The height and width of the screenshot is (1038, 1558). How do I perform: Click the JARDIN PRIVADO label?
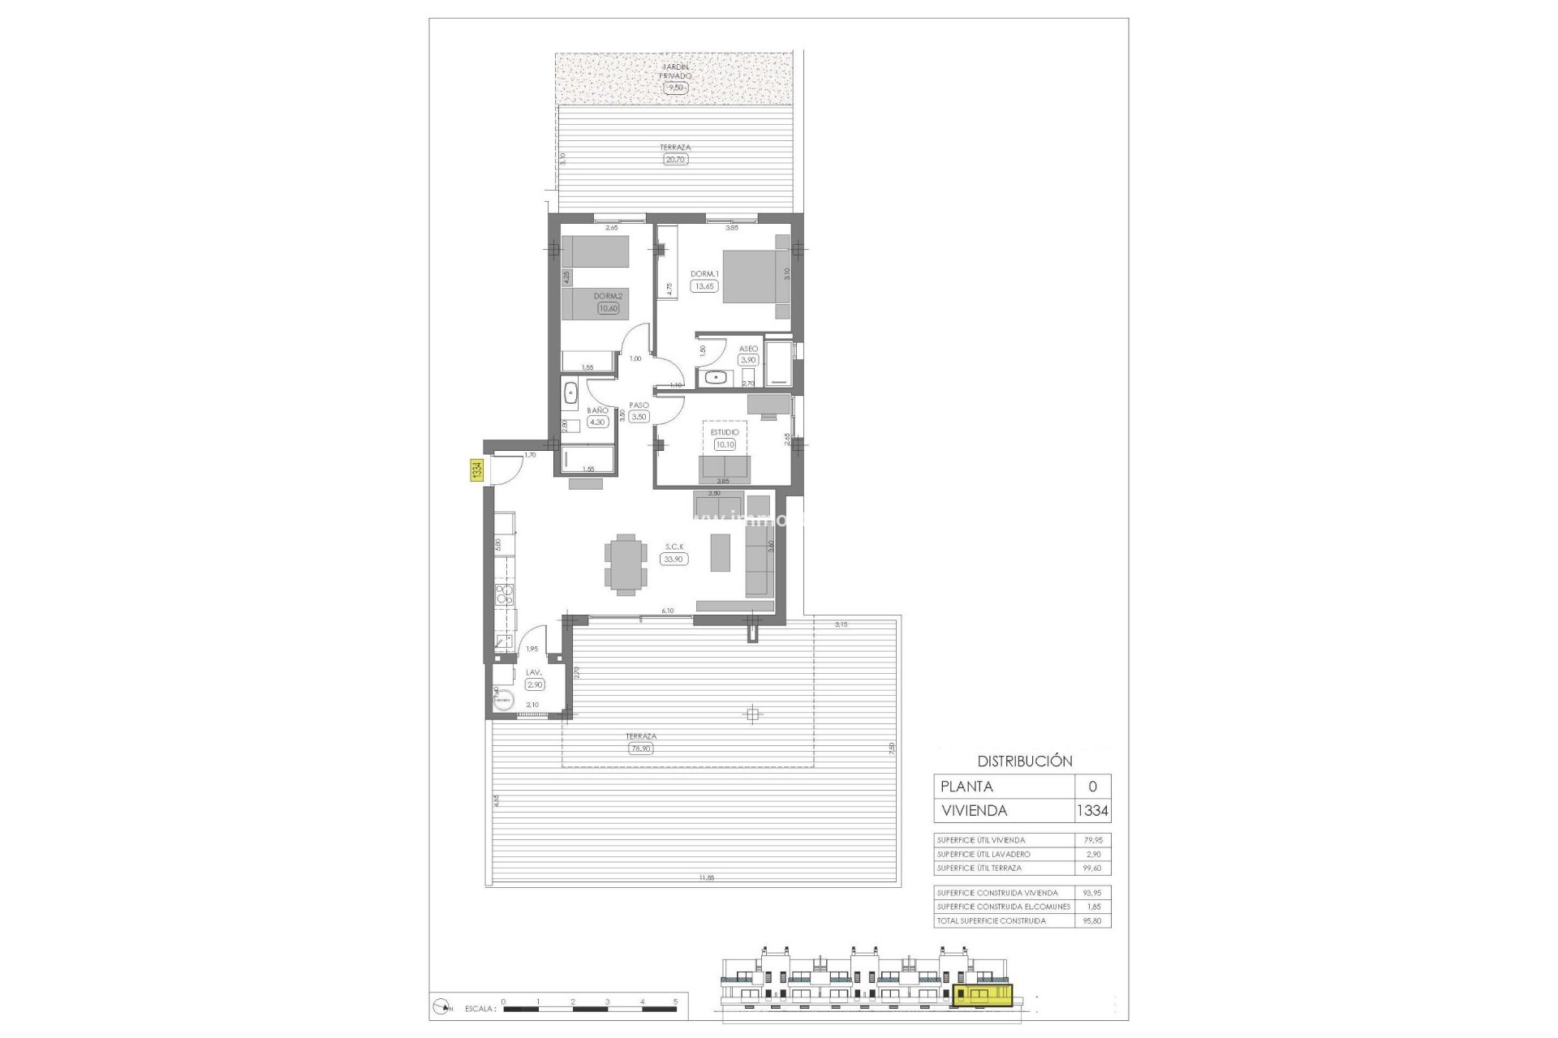pos(675,71)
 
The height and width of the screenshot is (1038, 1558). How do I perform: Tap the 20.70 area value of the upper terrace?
pos(675,160)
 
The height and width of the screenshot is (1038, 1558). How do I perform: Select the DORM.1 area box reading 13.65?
pos(704,286)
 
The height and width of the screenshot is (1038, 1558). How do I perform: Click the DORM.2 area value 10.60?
pos(607,308)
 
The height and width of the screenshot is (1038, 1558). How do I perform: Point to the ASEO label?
pos(747,349)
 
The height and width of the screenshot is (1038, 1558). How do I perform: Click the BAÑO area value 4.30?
pos(597,422)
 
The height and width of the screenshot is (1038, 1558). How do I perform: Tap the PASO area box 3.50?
pos(639,417)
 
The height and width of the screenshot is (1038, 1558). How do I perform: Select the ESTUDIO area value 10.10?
pos(724,444)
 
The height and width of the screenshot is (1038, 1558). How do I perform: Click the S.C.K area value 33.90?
pos(673,559)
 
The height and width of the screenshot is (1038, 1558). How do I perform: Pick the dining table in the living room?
pos(626,565)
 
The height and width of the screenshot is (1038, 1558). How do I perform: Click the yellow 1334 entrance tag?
pos(477,470)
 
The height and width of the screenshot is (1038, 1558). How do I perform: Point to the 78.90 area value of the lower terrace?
pos(640,749)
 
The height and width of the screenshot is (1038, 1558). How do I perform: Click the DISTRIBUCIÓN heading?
pos(1024,761)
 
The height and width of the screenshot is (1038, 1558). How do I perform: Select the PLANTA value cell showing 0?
pos(1092,787)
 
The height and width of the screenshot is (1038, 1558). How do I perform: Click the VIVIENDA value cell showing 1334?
pos(1092,810)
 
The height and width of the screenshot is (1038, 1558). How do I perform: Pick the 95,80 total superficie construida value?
pos(1092,920)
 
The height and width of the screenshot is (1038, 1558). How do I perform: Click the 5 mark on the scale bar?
pos(675,1002)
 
